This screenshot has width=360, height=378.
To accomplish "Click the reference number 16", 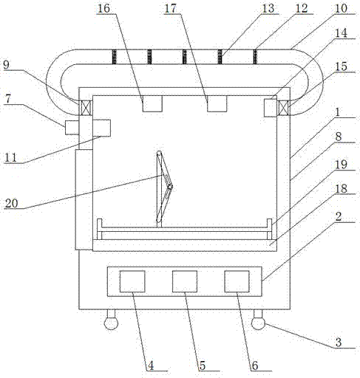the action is [x=103, y=8].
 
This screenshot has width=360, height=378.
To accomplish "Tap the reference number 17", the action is [x=171, y=8].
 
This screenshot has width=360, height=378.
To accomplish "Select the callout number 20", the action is [x=12, y=203].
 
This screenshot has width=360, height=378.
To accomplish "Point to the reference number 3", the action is [x=339, y=343].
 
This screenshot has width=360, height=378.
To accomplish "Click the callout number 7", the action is [x=8, y=99].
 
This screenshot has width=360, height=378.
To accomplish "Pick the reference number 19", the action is [x=341, y=165].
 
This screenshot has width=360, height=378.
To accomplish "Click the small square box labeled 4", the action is [x=132, y=281].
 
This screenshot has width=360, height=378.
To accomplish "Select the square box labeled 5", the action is [x=185, y=281].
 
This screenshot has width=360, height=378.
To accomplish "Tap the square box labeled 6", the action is [x=237, y=281].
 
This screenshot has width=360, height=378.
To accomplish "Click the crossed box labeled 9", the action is [x=86, y=108].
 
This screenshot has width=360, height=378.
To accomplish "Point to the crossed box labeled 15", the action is [x=283, y=108].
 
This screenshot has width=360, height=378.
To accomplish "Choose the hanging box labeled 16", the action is [x=152, y=103].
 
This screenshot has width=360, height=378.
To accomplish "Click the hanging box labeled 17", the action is [x=217, y=103].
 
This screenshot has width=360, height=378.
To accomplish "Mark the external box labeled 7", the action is [x=72, y=128].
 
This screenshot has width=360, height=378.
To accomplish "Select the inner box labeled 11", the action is [x=101, y=128].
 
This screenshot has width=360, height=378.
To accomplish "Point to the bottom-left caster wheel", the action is [x=111, y=323].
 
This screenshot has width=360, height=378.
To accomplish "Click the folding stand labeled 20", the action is [x=163, y=188].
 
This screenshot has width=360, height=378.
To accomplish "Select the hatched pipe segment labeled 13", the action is [x=220, y=57].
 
